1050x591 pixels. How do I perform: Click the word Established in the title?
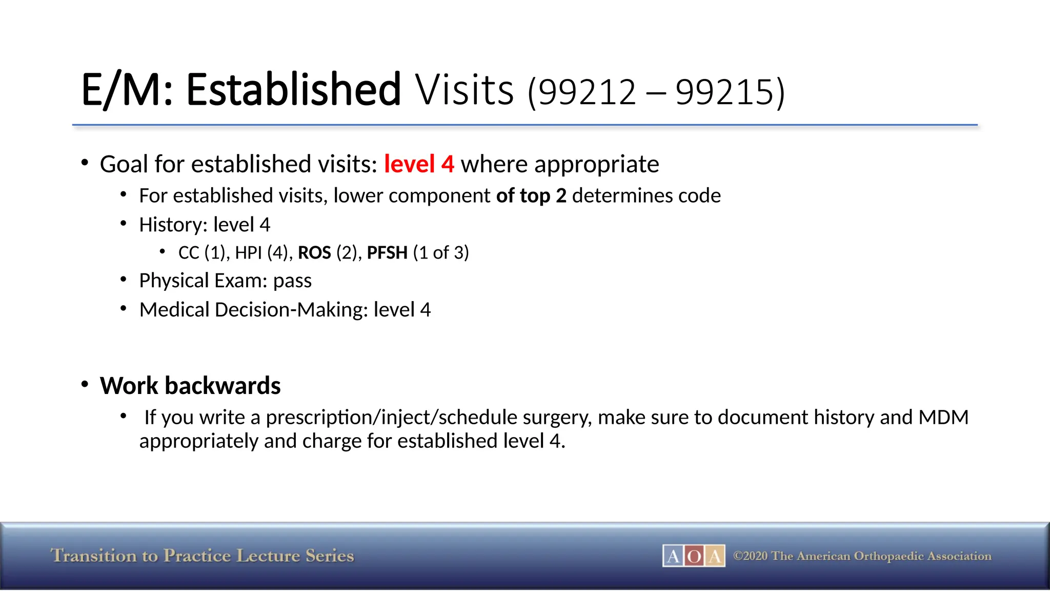293,90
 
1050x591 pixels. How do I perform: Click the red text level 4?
419,164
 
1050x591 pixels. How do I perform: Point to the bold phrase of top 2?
531,196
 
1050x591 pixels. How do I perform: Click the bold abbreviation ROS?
314,253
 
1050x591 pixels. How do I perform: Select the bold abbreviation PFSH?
387,253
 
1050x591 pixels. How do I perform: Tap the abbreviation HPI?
248,253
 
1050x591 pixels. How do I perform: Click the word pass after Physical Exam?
292,281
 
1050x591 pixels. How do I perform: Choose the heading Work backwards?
190,386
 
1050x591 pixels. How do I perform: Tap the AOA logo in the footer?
694,556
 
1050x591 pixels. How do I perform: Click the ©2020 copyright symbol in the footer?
738,556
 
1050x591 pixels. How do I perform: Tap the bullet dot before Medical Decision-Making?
123,308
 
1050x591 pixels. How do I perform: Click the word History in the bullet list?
170,225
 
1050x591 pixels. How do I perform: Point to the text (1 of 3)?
441,253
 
